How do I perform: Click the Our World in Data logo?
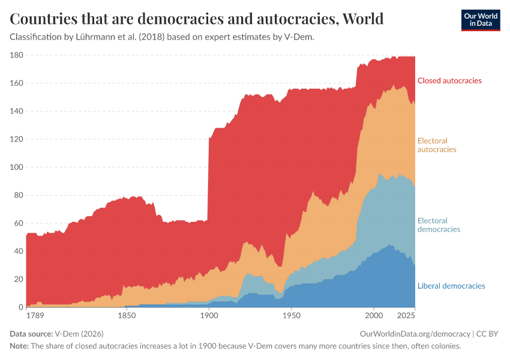coord(480,19)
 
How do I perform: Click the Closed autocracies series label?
coord(449,80)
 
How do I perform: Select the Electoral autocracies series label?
coord(437,145)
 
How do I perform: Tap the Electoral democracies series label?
coord(439,225)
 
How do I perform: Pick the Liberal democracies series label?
coord(451,286)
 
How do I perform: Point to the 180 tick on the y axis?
coord(16,55)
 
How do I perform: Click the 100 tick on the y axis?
coord(16,167)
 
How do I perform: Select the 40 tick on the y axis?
coord(18,251)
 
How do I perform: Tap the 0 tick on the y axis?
coord(20,307)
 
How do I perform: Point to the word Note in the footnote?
coord(19,346)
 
